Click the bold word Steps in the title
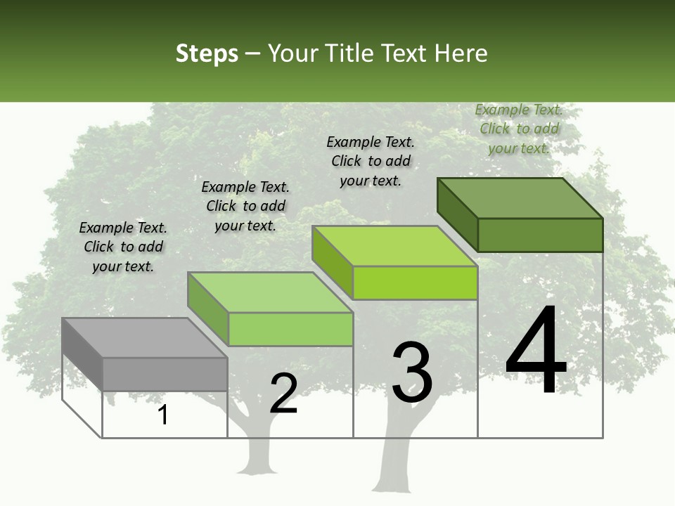coord(207,53)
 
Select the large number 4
coord(536,351)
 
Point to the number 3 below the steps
coord(412,372)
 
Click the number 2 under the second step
coord(283,394)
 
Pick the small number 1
coord(163,415)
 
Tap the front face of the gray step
coord(165,374)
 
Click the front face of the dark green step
coord(540,235)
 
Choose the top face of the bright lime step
coord(394,246)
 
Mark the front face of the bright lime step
coord(415,283)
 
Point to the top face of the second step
coord(270,292)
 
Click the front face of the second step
coord(290,329)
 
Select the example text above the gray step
coord(123,247)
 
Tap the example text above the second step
coord(245,206)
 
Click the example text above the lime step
coord(371,161)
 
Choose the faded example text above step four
coord(519,129)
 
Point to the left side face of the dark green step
coord(457,214)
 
